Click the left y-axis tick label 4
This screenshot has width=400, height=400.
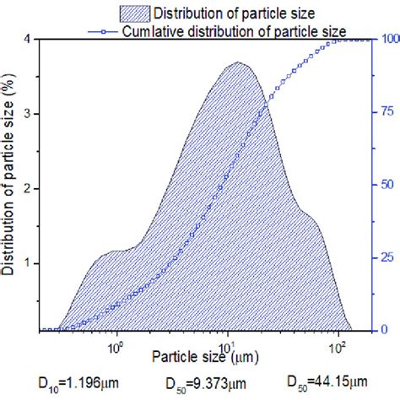29,39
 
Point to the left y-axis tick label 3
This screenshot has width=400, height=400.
29,113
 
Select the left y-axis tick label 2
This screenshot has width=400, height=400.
29,188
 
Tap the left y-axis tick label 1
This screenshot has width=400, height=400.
29,262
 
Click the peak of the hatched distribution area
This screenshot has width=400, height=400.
238,62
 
